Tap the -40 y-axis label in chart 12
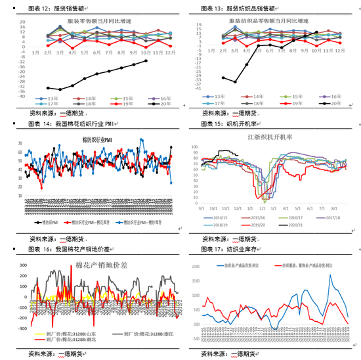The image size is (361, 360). tap(22, 96)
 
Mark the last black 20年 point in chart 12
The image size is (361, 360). tap(146, 61)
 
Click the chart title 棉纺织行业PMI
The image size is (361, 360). tap(98, 140)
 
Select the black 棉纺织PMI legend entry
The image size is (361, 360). tap(51, 223)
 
